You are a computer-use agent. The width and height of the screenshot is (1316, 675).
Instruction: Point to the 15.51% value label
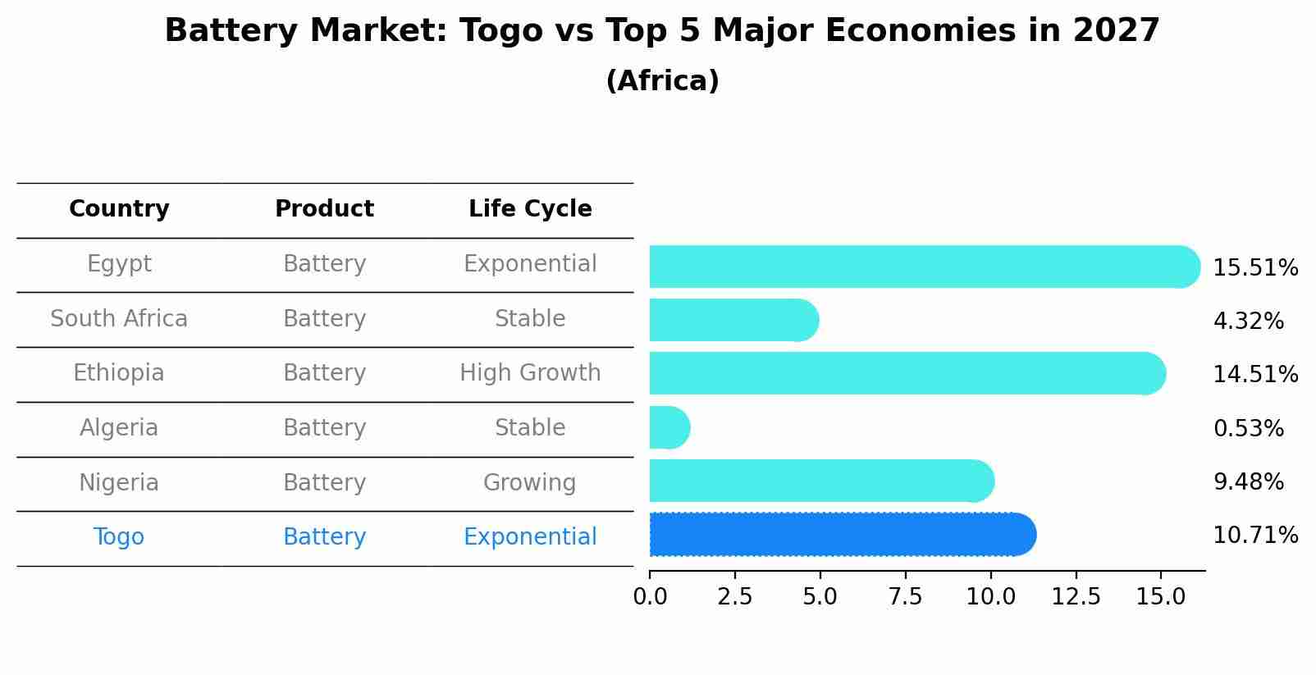pos(1254,268)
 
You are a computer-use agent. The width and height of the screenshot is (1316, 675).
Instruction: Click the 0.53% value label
pos(1248,428)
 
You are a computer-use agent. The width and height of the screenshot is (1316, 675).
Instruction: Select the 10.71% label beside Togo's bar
pos(1254,536)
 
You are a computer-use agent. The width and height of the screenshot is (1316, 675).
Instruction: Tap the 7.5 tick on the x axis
pos(905,597)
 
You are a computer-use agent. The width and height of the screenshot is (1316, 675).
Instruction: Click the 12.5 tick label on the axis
pos(1076,597)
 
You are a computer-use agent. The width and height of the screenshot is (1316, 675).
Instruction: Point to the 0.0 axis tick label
pos(650,597)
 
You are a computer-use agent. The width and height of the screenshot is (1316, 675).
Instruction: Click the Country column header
pos(119,209)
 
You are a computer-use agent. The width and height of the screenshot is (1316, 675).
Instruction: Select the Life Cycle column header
pos(530,209)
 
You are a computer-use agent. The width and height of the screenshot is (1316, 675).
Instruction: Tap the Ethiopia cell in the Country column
pos(119,373)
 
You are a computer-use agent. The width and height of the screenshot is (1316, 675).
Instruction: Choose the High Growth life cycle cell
pos(530,373)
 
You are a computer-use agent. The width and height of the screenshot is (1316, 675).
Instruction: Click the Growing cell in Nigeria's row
pos(530,482)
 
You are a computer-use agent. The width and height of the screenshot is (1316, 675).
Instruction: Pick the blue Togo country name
pos(119,537)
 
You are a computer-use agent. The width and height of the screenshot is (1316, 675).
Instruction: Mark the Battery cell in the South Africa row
pos(324,318)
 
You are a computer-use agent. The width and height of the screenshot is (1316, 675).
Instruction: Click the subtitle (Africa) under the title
pos(662,81)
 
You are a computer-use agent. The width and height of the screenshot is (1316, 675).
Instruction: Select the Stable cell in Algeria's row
pos(530,428)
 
